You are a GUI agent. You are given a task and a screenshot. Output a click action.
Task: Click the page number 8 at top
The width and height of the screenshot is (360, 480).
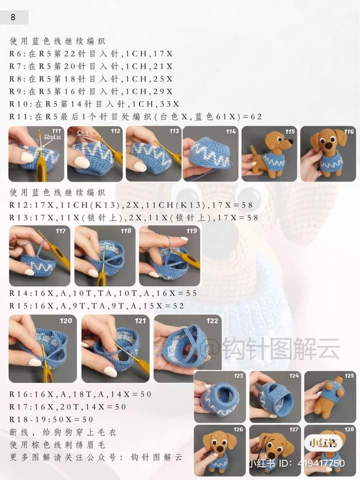pyautogui.click(x=13, y=17)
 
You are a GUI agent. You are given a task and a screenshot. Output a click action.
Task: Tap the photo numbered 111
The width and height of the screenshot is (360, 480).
pyautogui.click(x=36, y=153)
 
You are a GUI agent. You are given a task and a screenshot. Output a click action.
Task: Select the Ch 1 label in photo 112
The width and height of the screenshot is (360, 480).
pyautogui.click(x=82, y=132)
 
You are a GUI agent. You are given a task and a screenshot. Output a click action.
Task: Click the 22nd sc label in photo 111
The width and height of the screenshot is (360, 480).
pyautogui.click(x=52, y=136)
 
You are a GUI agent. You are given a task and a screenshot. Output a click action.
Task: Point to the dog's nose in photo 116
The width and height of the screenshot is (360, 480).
pyautogui.click(x=328, y=146)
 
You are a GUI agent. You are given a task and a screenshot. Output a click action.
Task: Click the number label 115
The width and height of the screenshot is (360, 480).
pyautogui.click(x=290, y=131)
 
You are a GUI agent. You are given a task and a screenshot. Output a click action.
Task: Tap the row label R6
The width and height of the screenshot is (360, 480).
pyautogui.click(x=15, y=54)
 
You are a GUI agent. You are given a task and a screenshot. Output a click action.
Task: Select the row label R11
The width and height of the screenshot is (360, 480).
pyautogui.click(x=18, y=116)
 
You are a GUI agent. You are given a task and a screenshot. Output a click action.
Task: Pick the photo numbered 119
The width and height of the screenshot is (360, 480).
pyautogui.click(x=169, y=256)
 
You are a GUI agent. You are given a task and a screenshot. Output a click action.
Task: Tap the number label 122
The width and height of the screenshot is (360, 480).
pyautogui.click(x=212, y=321)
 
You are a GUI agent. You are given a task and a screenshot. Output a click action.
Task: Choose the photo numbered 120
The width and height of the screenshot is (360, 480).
pyautogui.click(x=42, y=348)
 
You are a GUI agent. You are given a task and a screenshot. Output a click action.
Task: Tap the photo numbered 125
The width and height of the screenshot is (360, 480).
pyautogui.click(x=330, y=396)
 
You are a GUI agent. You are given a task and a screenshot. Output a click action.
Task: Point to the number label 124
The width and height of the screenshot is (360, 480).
pyautogui.click(x=294, y=375)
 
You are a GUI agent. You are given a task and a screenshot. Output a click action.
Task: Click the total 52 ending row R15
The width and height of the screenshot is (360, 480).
pyautogui.click(x=178, y=306)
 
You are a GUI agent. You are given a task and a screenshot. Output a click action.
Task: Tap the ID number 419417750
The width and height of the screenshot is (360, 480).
pyautogui.click(x=321, y=463)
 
